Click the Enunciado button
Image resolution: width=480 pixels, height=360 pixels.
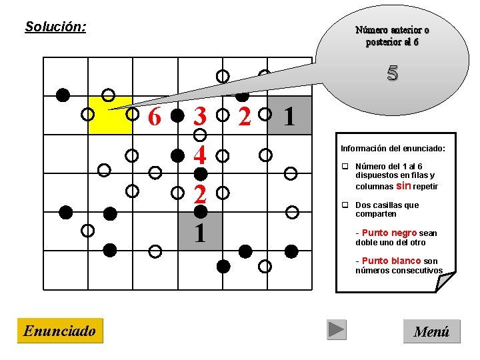pos(60,331)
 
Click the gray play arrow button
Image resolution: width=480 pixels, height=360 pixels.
pos(337,330)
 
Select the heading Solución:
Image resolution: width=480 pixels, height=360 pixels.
pos(55,27)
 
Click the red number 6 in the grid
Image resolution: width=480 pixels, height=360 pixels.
pos(155,117)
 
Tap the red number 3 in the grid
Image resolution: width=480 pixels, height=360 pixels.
pos(199,117)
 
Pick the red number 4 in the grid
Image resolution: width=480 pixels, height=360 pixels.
pos(199,156)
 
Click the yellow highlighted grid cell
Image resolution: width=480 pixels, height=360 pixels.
pos(111,115)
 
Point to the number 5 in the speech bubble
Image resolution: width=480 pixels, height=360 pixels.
pos(392,73)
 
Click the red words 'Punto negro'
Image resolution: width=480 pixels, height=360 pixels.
pos(389,233)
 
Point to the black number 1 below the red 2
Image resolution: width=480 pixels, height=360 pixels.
pos(199,233)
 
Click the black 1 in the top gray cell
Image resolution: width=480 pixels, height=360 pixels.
pos(289,117)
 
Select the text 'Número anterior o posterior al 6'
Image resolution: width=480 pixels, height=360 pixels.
pos(392,36)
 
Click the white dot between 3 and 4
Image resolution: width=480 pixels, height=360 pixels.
pos(199,135)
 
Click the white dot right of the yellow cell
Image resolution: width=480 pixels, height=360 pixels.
pos(133,114)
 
